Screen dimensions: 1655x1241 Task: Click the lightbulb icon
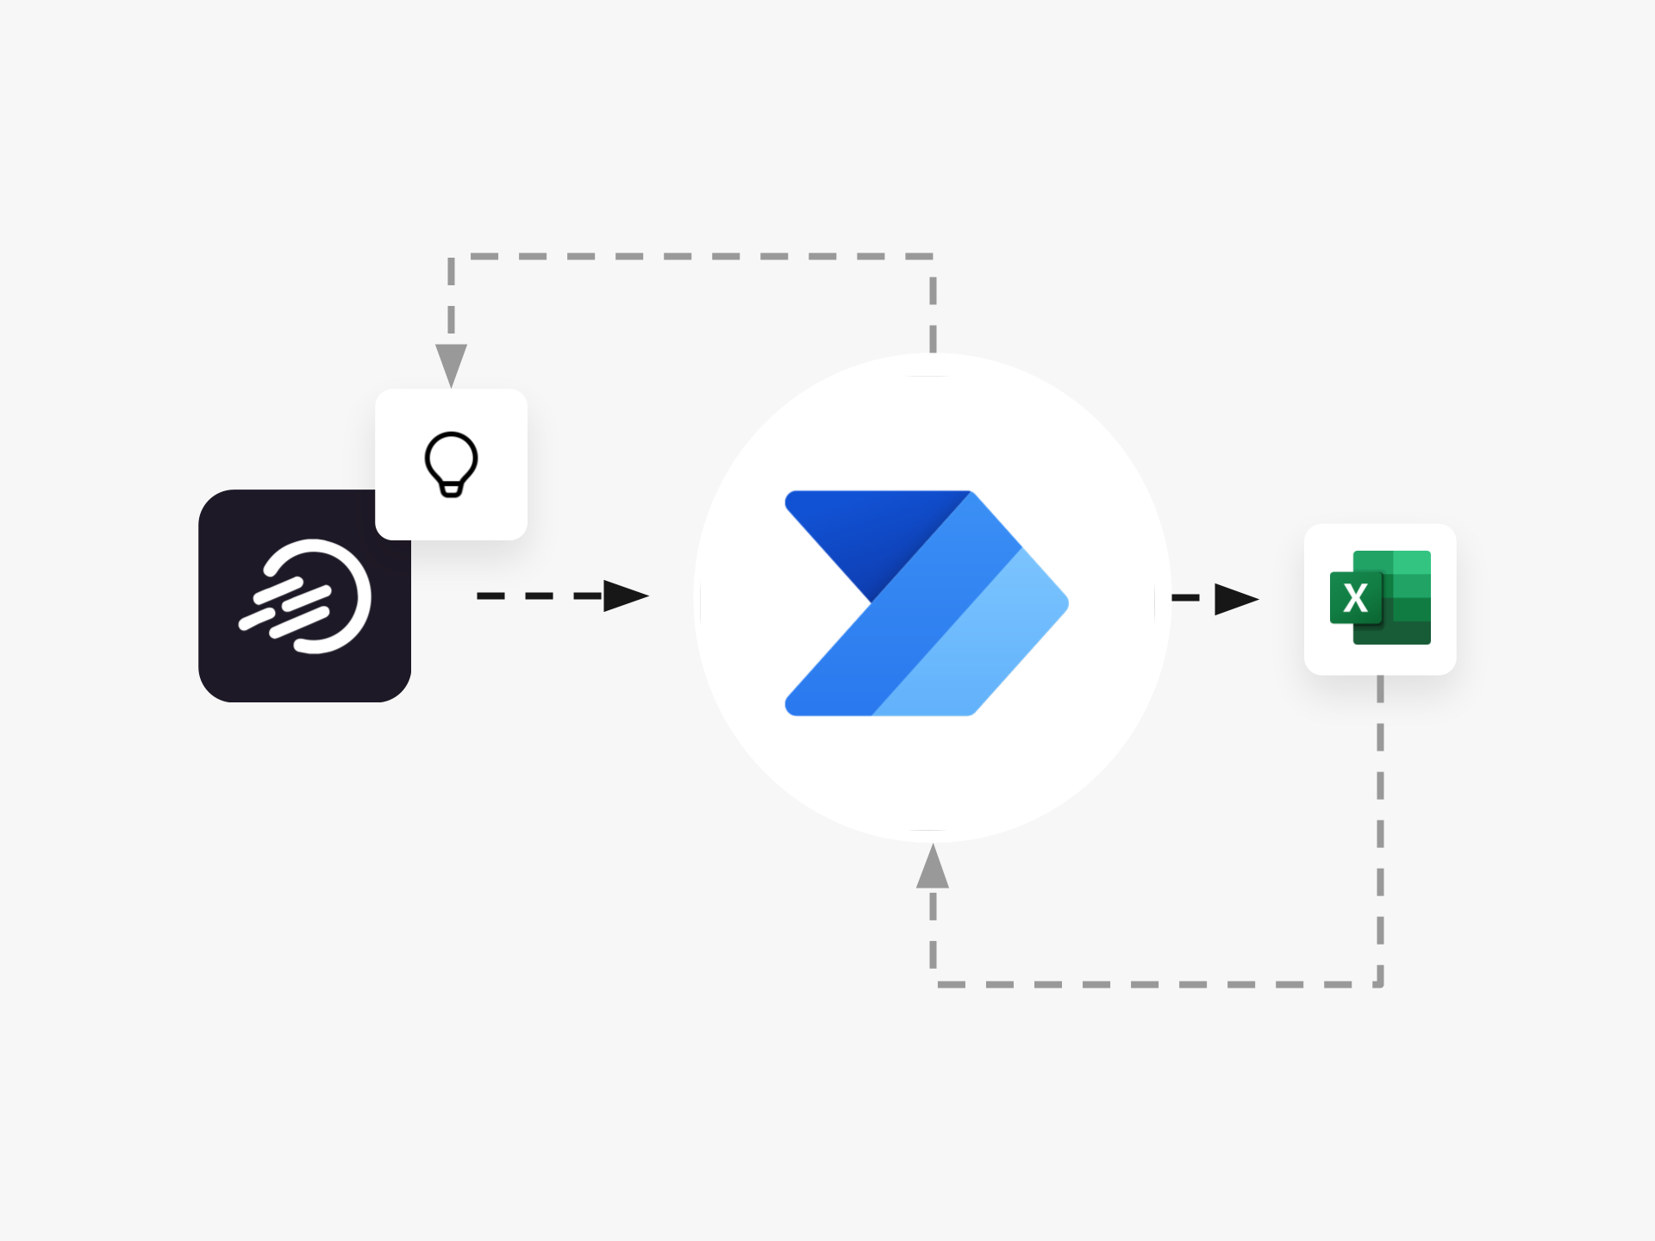[x=451, y=464]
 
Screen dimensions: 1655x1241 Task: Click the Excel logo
[x=1380, y=597]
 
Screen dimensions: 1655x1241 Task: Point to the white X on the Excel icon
[x=1356, y=597]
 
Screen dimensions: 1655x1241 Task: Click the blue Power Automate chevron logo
[x=926, y=603]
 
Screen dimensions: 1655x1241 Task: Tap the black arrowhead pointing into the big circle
[x=625, y=596]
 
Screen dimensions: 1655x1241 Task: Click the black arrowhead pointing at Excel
[x=1235, y=599]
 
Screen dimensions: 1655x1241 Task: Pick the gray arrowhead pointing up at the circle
[x=933, y=868]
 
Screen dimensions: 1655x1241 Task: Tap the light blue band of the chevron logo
[x=991, y=638]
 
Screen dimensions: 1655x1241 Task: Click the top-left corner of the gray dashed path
[x=452, y=257]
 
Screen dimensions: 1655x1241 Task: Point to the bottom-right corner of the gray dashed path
[x=1380, y=983]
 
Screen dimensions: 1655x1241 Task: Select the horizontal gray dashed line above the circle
[x=690, y=257]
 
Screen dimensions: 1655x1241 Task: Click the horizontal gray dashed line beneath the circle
[x=1155, y=983]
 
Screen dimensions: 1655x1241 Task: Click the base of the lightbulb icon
[x=451, y=490]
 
